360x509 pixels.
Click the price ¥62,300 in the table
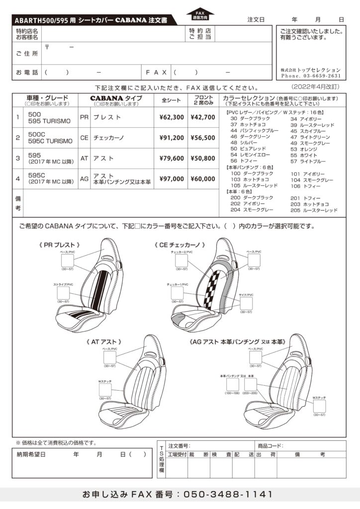click(172, 117)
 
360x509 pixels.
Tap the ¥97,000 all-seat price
click(172, 178)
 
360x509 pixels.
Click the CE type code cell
click(84, 138)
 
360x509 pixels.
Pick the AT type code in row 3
click(84, 158)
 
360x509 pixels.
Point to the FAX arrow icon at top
click(200, 13)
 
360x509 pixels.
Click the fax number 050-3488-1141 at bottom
click(228, 495)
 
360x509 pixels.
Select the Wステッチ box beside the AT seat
click(105, 389)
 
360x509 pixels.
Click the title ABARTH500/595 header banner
click(94, 20)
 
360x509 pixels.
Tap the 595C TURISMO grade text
click(50, 141)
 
